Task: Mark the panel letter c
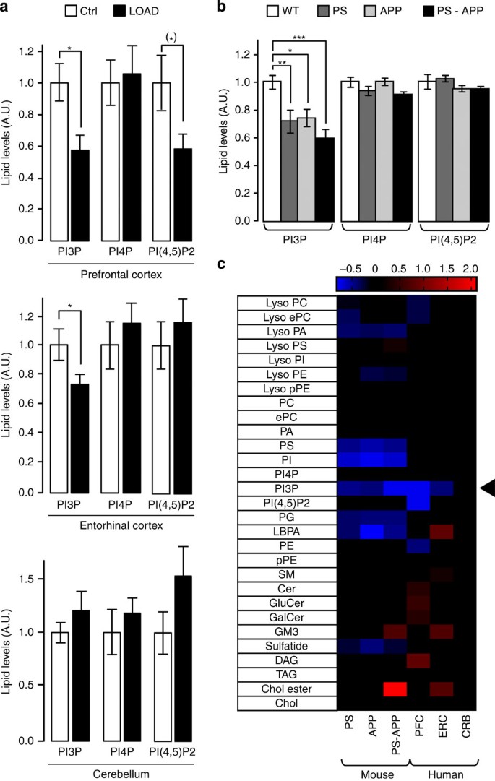[x=225, y=264]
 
